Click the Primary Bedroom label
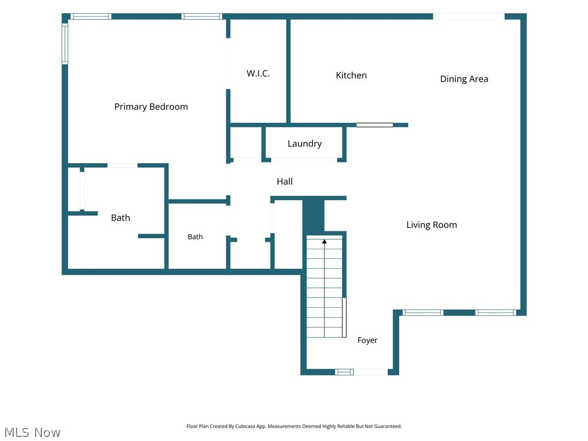(x=151, y=107)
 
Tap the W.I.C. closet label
(x=258, y=73)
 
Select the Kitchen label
(x=351, y=75)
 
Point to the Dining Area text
(x=464, y=79)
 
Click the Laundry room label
(x=304, y=144)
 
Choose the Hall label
(x=285, y=181)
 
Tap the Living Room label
(x=432, y=225)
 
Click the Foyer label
(x=367, y=340)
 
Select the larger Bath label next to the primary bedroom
(x=121, y=218)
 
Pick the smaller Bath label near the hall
(x=195, y=237)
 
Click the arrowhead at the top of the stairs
(x=324, y=242)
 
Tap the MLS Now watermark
(x=32, y=432)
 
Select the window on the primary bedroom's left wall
(x=65, y=44)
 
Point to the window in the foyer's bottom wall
(x=344, y=372)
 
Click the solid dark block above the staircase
(x=313, y=216)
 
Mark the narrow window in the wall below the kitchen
(x=374, y=125)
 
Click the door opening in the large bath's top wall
(x=123, y=165)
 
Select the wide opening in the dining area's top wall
(x=469, y=17)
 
